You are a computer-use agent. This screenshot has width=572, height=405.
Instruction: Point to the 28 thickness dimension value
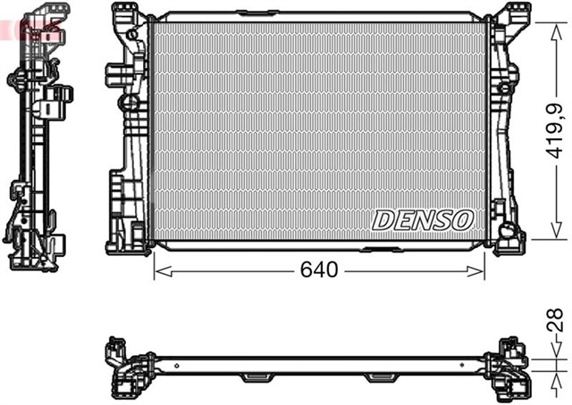coord(555,319)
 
